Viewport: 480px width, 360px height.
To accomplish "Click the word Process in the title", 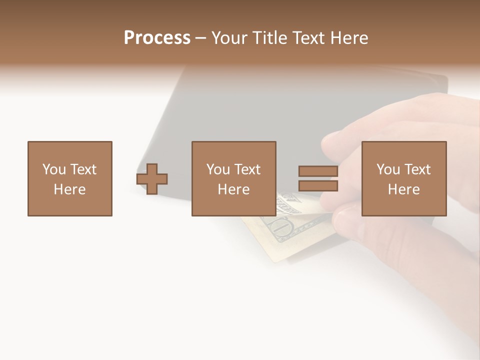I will tap(157, 38).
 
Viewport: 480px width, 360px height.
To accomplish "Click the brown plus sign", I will tap(152, 179).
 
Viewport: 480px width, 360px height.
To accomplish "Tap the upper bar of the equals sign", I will tap(318, 171).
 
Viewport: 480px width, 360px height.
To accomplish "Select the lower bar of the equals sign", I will tap(318, 186).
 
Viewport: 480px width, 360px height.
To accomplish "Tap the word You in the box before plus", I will tap(54, 169).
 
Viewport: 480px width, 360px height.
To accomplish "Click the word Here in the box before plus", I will tap(70, 189).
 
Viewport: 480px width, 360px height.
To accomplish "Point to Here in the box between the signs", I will tap(234, 189).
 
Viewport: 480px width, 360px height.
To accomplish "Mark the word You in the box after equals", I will tap(388, 169).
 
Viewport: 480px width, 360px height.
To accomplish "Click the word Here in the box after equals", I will tap(404, 189).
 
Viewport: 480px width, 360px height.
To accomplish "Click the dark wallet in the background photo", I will tap(300, 110).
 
